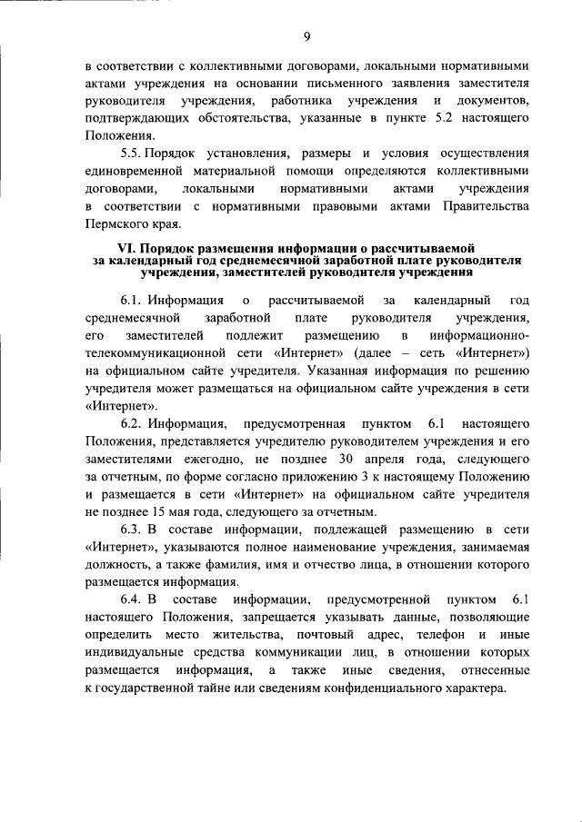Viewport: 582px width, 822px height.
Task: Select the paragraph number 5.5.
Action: coord(134,154)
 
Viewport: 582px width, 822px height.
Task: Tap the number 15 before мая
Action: coord(152,511)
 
